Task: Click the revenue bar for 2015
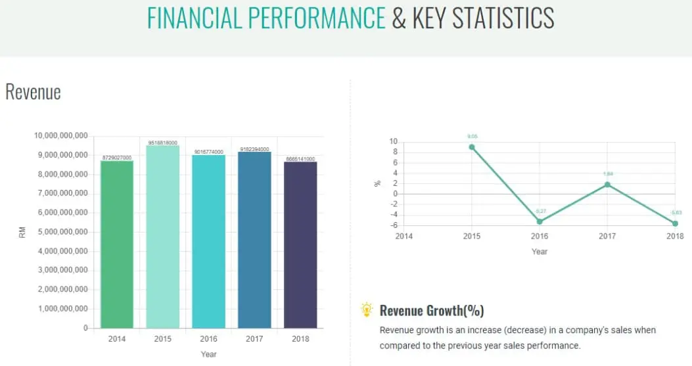162,237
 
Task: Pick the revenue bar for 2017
254,240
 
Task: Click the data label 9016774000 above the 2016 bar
209,152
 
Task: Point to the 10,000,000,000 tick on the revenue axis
61,136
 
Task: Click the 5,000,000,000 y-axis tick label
61,232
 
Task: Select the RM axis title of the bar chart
22,233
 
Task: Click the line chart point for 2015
472,147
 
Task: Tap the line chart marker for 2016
540,221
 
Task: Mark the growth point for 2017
607,185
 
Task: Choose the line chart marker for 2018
675,223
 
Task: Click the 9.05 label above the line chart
473,136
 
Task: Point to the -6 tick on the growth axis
394,225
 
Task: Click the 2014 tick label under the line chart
404,236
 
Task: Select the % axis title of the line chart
377,183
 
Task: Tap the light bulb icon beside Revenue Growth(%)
367,310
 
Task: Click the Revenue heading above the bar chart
33,92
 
